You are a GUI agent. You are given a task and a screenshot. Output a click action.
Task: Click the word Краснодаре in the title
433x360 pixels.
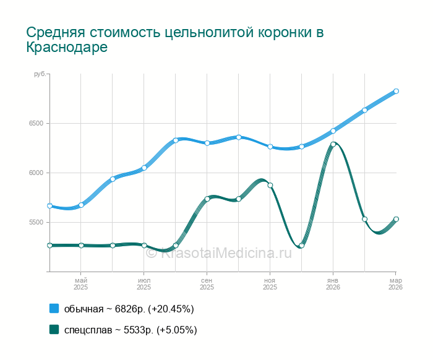[x=67, y=48]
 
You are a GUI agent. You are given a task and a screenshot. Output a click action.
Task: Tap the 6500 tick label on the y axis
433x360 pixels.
[x=35, y=123]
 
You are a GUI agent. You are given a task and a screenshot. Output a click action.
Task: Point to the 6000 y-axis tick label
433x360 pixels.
[x=35, y=173]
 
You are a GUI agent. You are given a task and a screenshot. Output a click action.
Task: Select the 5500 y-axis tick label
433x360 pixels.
[x=35, y=222]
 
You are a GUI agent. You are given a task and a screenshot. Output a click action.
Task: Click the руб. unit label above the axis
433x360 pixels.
[x=40, y=74]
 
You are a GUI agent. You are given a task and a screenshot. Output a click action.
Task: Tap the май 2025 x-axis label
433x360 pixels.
[x=81, y=284]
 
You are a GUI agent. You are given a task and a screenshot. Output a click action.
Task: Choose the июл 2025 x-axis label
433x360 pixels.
[x=144, y=284]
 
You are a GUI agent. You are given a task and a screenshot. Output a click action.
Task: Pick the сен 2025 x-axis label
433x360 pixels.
[x=207, y=284]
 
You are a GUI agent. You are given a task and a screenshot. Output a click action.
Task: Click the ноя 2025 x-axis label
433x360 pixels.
[x=270, y=284]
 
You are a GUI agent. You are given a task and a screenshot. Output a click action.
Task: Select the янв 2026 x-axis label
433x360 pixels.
[x=333, y=284]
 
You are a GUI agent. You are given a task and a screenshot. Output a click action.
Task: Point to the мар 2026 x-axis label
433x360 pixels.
[x=395, y=284]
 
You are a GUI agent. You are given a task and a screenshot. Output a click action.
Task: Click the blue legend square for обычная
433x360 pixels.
[x=54, y=309]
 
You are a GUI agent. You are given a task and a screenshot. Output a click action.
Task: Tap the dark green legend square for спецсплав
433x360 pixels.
[x=54, y=330]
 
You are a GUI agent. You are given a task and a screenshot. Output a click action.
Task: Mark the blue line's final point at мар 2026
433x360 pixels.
[x=396, y=91]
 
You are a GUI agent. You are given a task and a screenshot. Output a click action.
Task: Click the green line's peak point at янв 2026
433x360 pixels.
[x=333, y=144]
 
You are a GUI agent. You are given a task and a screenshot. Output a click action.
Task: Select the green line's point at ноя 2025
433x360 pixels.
[x=270, y=185]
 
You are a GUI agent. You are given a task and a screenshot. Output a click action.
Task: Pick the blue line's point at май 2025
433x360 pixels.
[x=81, y=205]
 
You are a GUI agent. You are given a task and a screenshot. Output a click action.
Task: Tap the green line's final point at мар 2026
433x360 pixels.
[x=396, y=219]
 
